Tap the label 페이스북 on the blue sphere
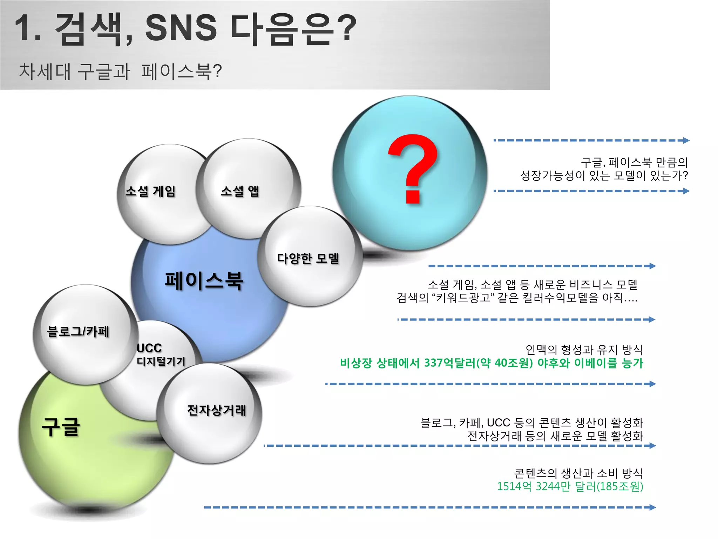point(204,281)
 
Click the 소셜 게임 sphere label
point(150,191)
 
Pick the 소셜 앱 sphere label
point(240,191)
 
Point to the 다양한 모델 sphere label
point(308,258)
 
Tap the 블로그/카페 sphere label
point(78,331)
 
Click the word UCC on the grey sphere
point(149,348)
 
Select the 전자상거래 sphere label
point(217,410)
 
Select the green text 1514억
point(514,487)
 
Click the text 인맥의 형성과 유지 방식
point(584,350)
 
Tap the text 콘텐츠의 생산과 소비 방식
point(578,473)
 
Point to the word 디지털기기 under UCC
point(161,361)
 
